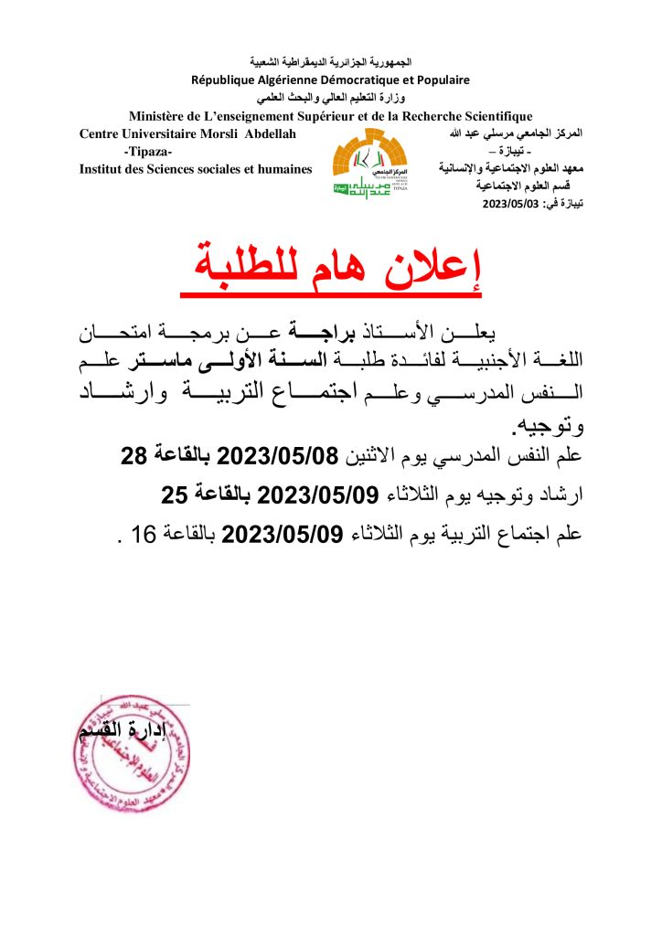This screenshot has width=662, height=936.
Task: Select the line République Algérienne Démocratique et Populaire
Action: [x=330, y=80]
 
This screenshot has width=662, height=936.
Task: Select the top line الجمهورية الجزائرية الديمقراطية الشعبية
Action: [x=330, y=62]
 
